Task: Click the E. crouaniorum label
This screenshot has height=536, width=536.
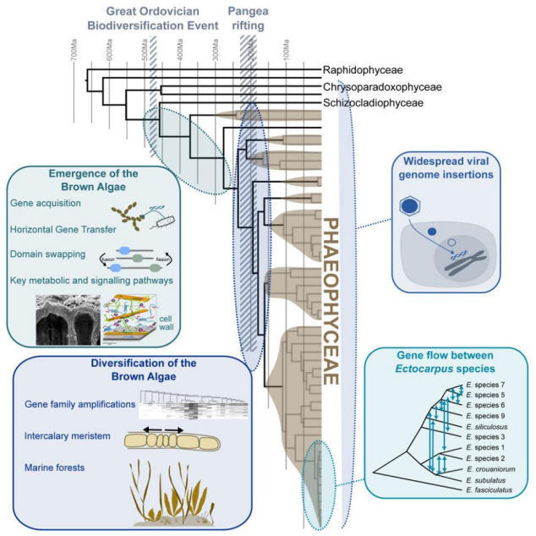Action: (491, 468)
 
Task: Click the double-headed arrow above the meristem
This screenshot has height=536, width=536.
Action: (161, 429)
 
